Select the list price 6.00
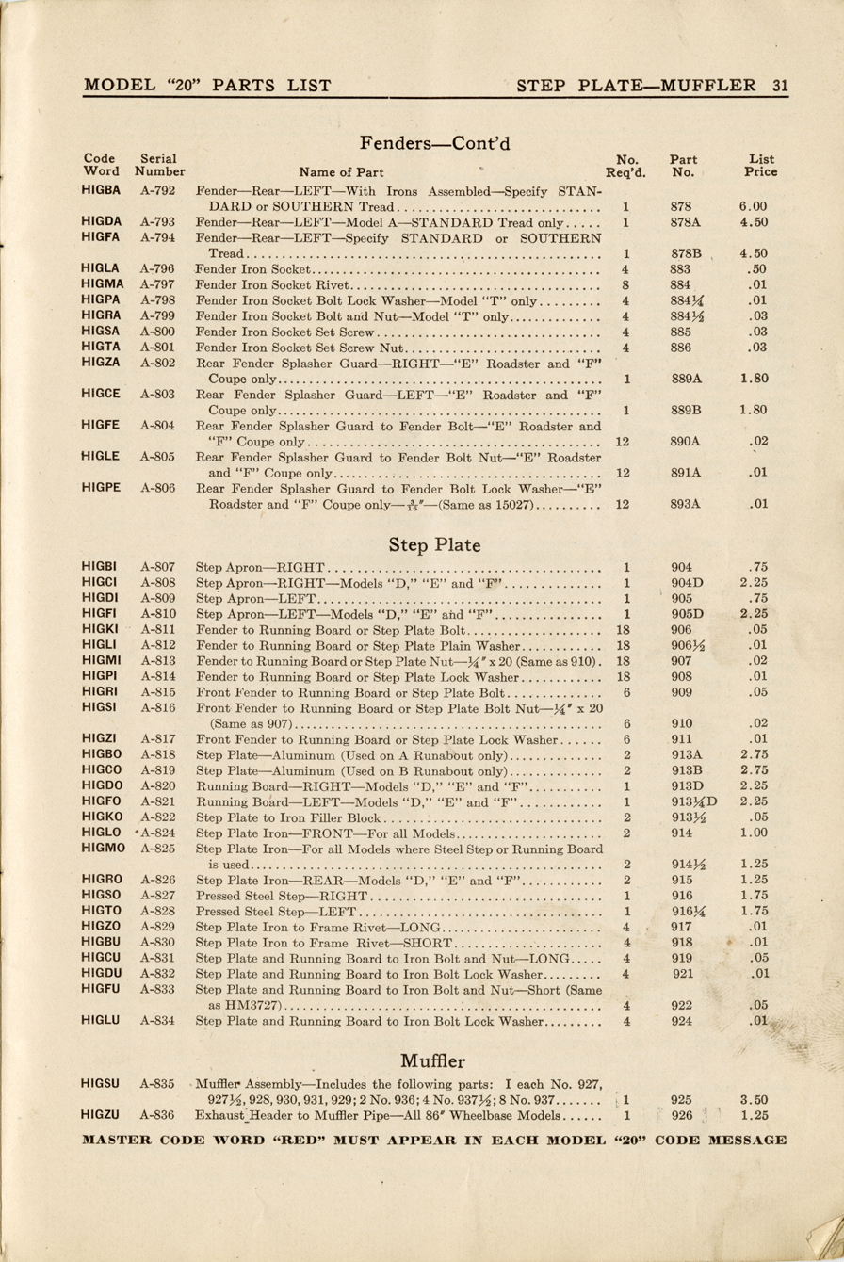pyautogui.click(x=754, y=206)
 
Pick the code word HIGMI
pyautogui.click(x=100, y=661)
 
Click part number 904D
pyautogui.click(x=687, y=584)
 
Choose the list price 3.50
pyautogui.click(x=754, y=1099)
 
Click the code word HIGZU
pyautogui.click(x=101, y=1115)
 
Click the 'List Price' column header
pyautogui.click(x=761, y=166)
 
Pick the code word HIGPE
pyautogui.click(x=101, y=488)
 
